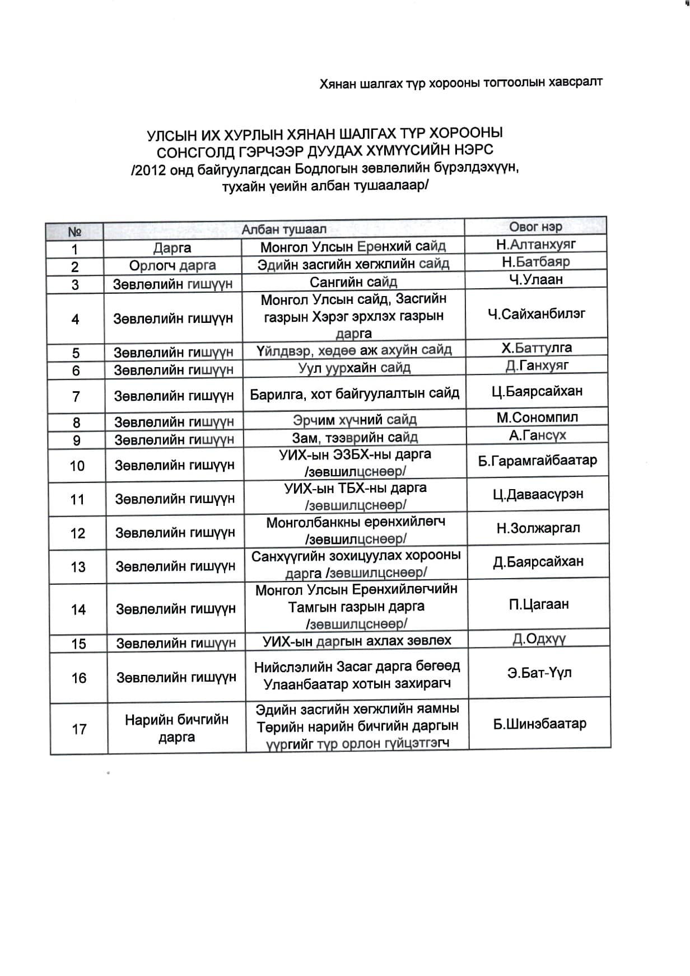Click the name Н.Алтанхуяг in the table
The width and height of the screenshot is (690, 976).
tap(535, 244)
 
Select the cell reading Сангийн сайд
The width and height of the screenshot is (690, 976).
tap(353, 281)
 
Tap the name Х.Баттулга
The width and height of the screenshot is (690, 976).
tap(537, 348)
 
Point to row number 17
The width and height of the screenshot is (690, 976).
tap(79, 729)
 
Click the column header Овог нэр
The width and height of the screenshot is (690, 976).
tap(535, 226)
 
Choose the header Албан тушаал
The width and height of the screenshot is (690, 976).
tap(283, 229)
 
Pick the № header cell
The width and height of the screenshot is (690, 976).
tap(74, 231)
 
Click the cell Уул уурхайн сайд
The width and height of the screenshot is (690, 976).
tap(354, 368)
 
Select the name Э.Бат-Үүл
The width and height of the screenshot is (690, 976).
tap(539, 673)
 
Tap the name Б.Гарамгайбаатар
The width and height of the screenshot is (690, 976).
tap(538, 461)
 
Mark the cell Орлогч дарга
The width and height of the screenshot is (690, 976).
tap(172, 265)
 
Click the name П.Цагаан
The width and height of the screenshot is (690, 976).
tap(539, 604)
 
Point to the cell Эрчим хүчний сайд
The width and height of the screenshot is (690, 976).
tap(355, 419)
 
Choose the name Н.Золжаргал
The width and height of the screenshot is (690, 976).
tap(538, 528)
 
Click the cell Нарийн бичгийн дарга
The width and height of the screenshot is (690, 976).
tap(176, 728)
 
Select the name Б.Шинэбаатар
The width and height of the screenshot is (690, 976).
tap(539, 724)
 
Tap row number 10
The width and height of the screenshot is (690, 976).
tap(77, 466)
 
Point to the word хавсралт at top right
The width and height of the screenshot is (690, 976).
tap(576, 82)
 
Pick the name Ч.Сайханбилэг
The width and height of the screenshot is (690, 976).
tap(536, 314)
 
